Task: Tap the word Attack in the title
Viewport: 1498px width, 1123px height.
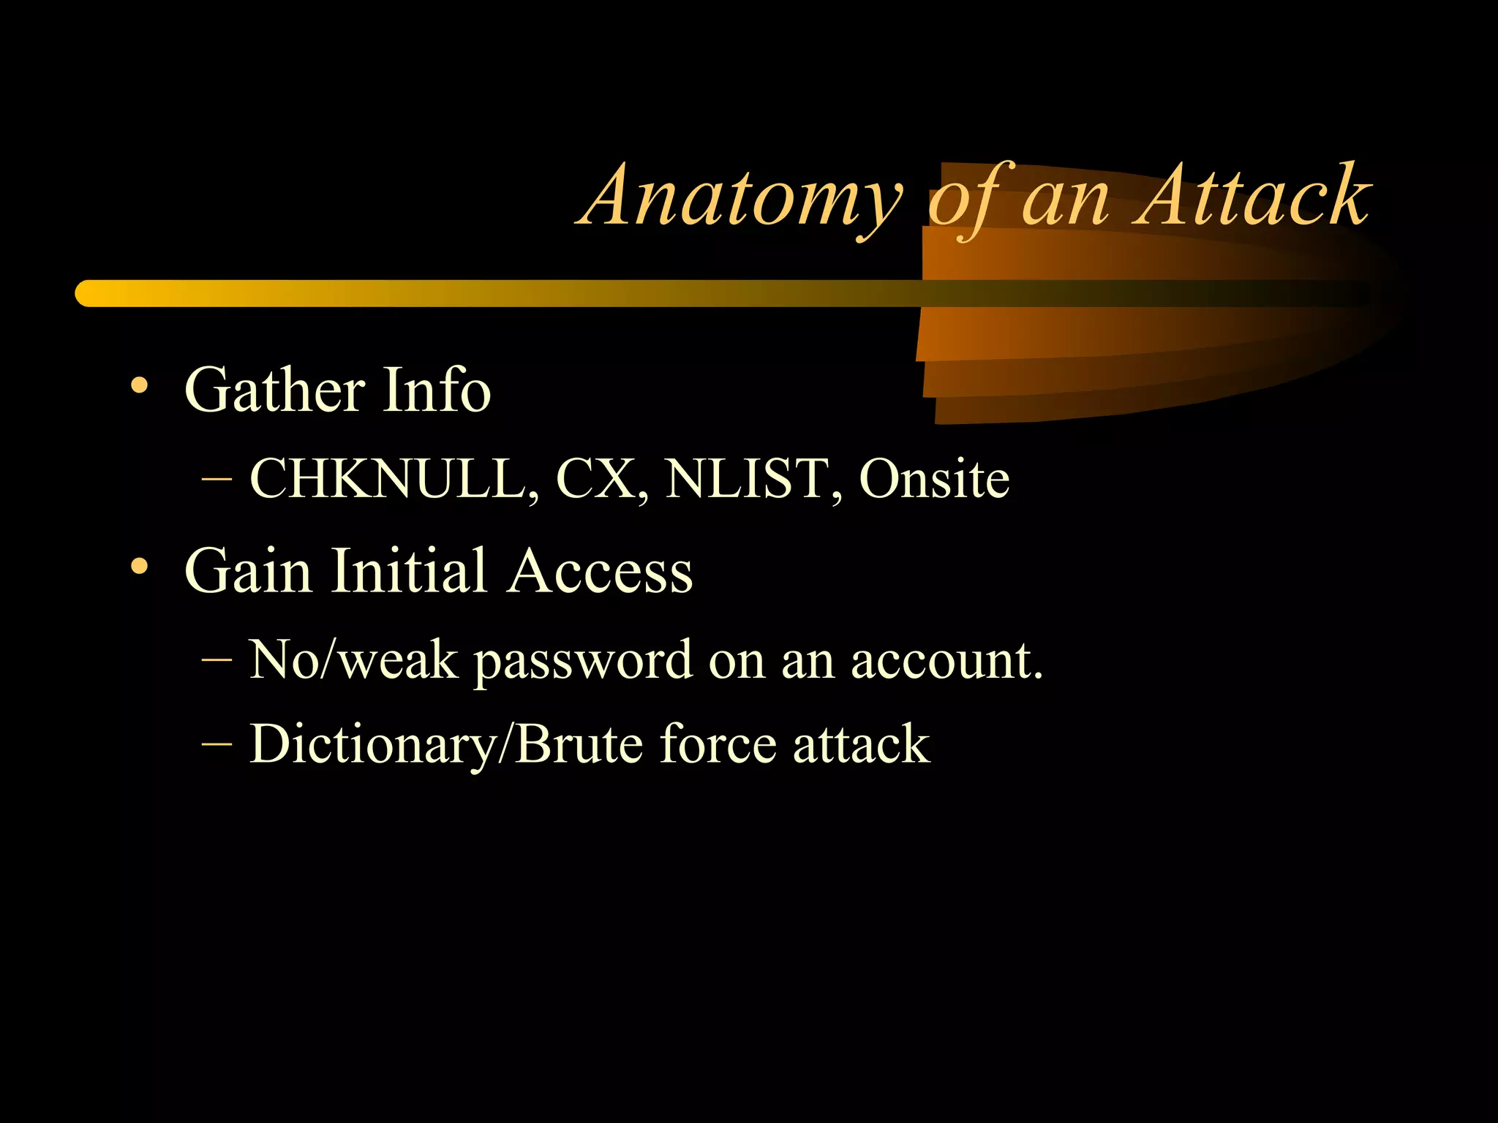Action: (x=1252, y=196)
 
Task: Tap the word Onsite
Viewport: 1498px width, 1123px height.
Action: (x=934, y=480)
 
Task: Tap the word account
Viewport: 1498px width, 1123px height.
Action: (x=946, y=660)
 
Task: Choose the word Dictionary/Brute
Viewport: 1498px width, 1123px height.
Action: (x=446, y=745)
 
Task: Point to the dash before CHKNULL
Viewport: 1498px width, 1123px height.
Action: (x=217, y=480)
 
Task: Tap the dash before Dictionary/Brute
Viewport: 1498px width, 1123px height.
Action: (x=217, y=744)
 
